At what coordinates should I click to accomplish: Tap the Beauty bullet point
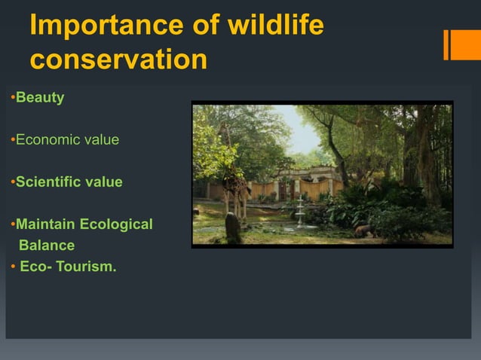pyautogui.click(x=40, y=98)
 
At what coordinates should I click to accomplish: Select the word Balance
pyautogui.click(x=47, y=245)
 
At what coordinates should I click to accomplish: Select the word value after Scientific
pyautogui.click(x=105, y=182)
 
